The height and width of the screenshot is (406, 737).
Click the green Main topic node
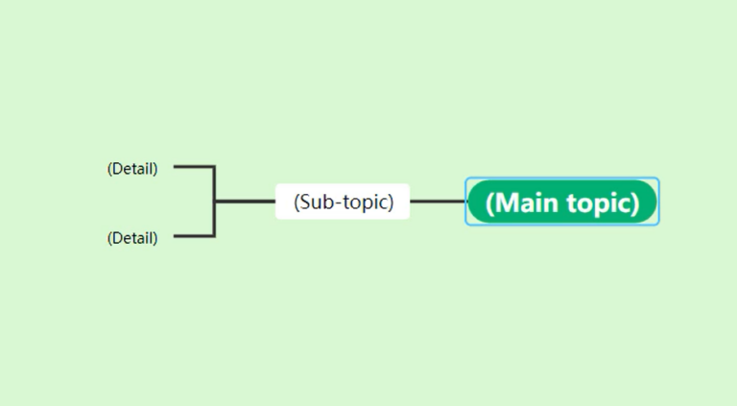point(562,203)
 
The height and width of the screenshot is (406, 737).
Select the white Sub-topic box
point(343,202)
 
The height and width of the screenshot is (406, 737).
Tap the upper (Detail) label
point(132,169)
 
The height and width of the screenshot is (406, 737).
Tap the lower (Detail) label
point(132,238)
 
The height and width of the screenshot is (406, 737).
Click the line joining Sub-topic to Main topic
point(438,202)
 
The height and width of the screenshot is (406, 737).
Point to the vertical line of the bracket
point(214,184)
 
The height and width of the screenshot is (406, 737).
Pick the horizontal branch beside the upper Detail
point(193,167)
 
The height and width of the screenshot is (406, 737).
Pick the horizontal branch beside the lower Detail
point(193,235)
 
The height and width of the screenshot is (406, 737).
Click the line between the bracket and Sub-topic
point(245,202)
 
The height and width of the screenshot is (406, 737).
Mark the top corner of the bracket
point(214,167)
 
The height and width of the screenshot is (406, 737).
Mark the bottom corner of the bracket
point(214,235)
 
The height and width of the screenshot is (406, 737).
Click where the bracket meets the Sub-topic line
point(214,202)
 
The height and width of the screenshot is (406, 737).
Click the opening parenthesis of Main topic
point(490,203)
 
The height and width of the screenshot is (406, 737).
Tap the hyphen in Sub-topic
point(337,203)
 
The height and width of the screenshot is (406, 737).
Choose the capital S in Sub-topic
point(306,203)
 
